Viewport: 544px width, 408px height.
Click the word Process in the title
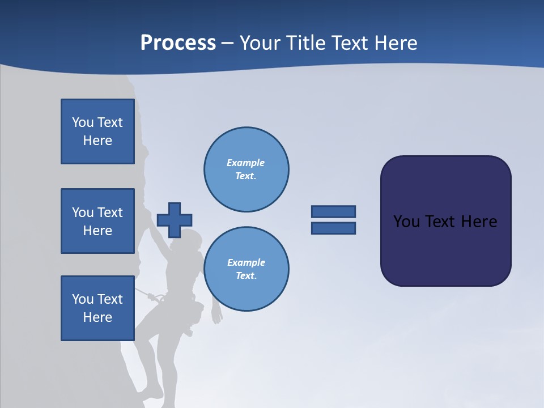click(x=178, y=43)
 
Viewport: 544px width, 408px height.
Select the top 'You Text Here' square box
click(x=97, y=131)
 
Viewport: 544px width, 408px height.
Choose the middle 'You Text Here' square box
click(x=97, y=221)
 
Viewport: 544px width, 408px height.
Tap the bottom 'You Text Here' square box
click(x=97, y=308)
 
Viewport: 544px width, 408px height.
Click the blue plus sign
click(x=174, y=220)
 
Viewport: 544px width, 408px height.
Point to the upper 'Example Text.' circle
click(x=246, y=169)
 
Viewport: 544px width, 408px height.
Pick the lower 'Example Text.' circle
click(x=246, y=269)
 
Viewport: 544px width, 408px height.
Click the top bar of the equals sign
click(x=333, y=211)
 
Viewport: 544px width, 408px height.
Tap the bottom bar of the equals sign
click(x=333, y=228)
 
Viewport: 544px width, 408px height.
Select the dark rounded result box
click(x=445, y=221)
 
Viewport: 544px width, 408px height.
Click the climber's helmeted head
click(x=192, y=240)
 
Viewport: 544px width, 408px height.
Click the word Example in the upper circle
click(x=245, y=163)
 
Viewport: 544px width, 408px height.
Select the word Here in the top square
click(x=97, y=141)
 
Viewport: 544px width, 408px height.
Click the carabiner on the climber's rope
click(x=152, y=296)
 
